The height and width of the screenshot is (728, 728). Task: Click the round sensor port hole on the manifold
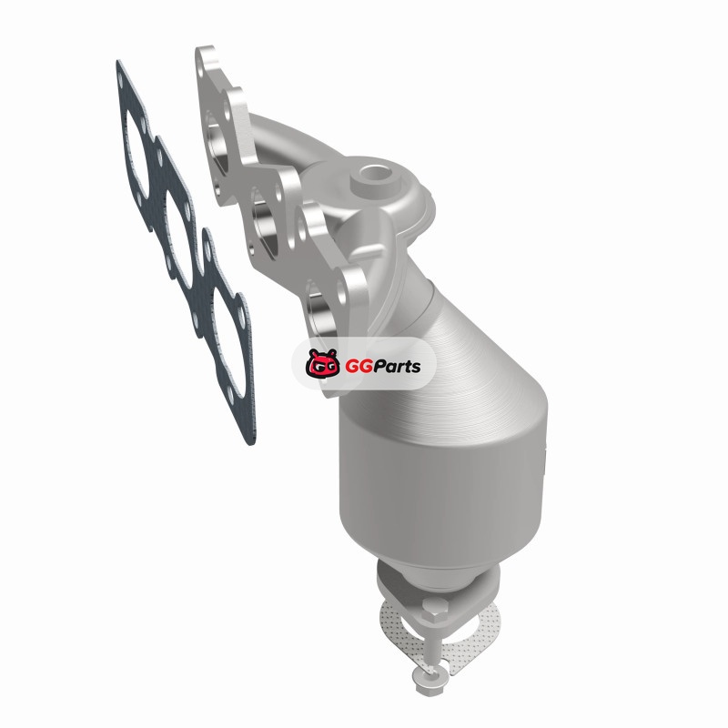[374, 175]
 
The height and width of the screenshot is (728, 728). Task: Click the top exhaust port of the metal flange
[218, 145]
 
